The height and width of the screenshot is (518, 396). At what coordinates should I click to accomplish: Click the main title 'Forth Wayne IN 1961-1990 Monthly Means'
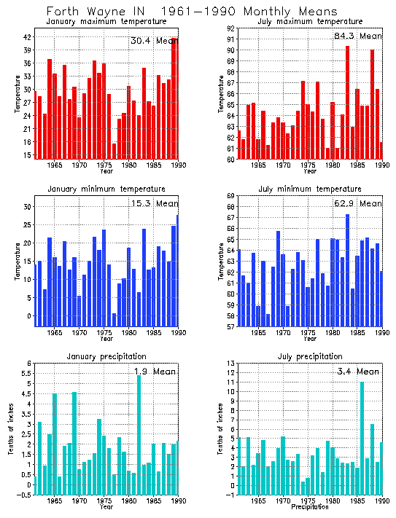point(192,12)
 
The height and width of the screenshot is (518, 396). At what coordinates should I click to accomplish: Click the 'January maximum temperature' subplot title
point(106,22)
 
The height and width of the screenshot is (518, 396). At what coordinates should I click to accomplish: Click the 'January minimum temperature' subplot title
point(106,189)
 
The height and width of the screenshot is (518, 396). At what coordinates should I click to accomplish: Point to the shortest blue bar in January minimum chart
point(114,318)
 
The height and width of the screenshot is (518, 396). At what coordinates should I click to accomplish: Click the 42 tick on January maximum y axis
point(26,37)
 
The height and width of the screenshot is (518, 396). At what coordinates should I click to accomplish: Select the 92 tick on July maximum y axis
point(230,28)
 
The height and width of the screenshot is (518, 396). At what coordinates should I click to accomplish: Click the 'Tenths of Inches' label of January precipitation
point(11,428)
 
